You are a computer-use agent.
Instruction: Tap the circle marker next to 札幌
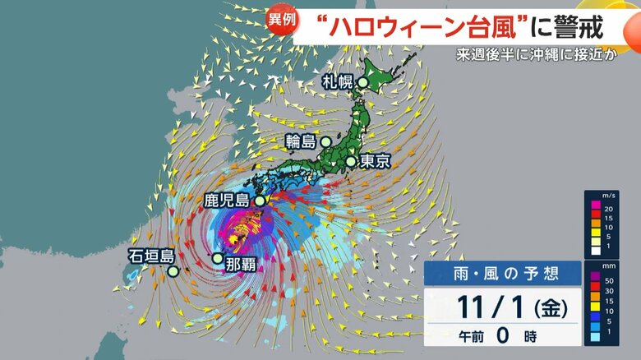(362, 82)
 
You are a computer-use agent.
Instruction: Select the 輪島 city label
(302, 141)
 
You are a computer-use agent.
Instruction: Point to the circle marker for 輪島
(327, 141)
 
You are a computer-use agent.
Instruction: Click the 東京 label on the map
(374, 161)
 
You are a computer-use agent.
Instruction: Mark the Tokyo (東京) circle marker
(351, 161)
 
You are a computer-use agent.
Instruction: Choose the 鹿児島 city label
(228, 200)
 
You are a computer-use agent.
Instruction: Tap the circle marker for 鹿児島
(259, 200)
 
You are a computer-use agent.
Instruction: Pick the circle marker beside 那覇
(217, 258)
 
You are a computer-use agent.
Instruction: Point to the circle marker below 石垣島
(173, 270)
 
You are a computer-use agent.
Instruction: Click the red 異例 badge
(281, 20)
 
